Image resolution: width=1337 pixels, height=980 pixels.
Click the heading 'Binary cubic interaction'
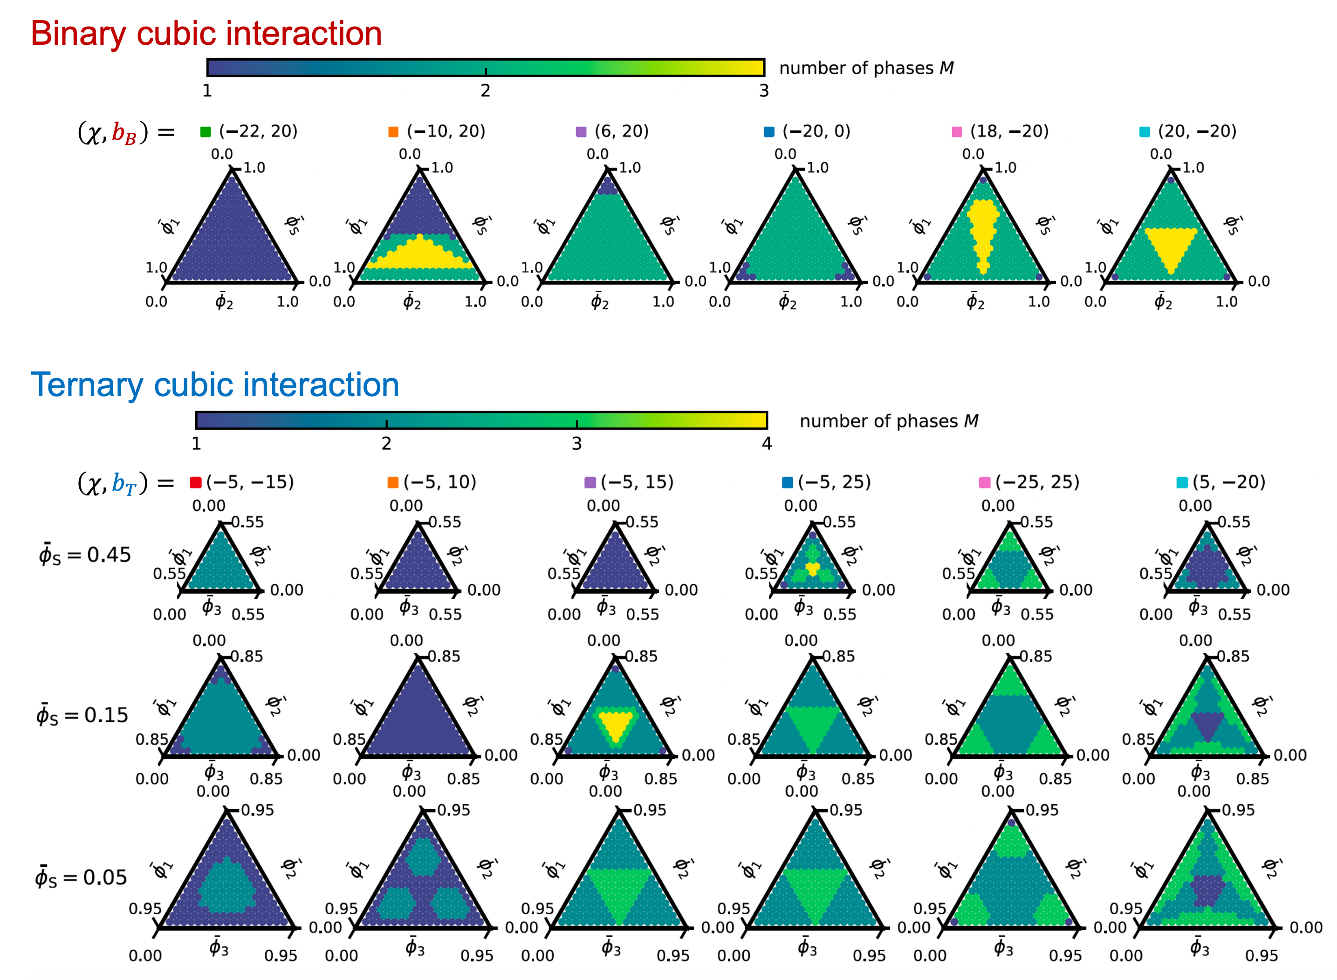[x=206, y=33]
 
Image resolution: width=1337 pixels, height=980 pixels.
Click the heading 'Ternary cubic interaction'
[x=215, y=384]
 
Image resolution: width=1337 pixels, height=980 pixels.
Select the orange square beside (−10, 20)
[x=393, y=132]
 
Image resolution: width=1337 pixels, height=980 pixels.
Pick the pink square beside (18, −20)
[x=956, y=132]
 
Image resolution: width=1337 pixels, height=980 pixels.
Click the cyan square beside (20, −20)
[x=1144, y=132]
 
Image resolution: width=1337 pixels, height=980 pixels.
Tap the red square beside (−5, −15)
[x=195, y=482]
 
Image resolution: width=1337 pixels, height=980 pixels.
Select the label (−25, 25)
[x=1037, y=482]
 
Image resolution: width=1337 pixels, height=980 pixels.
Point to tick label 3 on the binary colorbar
[x=763, y=91]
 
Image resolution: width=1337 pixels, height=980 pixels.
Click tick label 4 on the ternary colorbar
[x=767, y=444]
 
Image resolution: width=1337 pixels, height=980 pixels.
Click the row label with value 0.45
[x=84, y=555]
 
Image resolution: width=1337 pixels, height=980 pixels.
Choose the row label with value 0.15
[x=82, y=715]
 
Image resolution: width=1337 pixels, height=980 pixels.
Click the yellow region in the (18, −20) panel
[x=983, y=233]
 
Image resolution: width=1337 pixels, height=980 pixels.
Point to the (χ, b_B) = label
[x=126, y=132]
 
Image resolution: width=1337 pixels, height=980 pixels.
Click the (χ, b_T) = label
[x=126, y=483]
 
